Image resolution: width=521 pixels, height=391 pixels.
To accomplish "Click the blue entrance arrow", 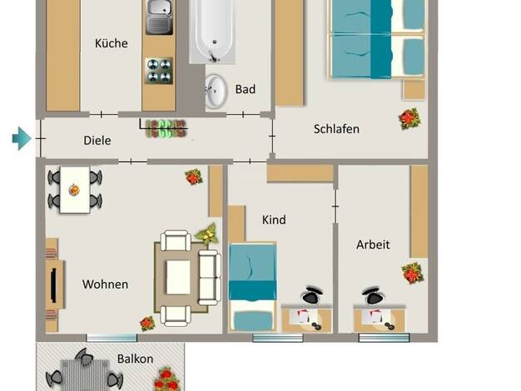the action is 22,138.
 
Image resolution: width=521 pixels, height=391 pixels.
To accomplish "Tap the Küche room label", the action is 112,43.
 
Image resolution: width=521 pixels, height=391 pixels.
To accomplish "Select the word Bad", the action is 246,89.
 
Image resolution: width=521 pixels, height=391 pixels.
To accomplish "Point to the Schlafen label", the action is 336,129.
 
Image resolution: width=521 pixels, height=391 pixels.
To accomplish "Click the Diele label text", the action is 97,141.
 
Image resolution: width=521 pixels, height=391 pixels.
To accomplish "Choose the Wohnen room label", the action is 105,285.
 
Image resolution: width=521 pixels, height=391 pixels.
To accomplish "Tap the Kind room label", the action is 274,220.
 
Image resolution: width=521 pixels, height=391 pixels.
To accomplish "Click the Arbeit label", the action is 373,245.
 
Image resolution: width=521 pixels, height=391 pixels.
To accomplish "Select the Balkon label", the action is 135,359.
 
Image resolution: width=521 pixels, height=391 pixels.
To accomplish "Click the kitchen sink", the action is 160,17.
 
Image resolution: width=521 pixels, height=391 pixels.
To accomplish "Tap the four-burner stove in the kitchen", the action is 159,71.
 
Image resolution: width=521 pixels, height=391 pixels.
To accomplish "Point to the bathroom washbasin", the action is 216,91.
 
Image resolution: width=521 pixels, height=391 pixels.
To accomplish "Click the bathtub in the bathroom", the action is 213,31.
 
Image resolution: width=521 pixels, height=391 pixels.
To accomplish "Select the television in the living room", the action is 53,285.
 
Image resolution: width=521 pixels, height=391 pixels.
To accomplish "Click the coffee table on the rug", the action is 178,277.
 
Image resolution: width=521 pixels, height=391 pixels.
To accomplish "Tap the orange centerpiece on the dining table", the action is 74,190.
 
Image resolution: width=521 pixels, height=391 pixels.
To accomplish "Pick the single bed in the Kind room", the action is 252,287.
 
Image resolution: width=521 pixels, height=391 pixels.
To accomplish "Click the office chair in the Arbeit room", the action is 375,295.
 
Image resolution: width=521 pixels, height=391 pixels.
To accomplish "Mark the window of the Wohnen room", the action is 112,338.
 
